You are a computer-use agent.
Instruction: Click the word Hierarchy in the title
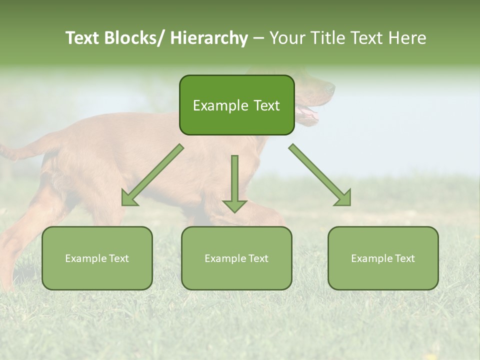point(208,38)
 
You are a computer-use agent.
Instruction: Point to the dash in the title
point(258,38)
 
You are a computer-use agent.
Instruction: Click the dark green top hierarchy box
point(236,105)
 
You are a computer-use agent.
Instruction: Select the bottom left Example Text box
point(97,258)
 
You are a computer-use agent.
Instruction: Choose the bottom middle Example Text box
point(236,258)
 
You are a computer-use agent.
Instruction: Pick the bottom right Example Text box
point(383,258)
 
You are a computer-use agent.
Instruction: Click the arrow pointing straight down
point(234,182)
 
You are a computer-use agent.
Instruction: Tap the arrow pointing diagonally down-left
point(152,175)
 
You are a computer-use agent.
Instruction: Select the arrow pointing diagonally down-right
point(320,175)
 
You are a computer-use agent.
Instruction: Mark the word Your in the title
point(287,38)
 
